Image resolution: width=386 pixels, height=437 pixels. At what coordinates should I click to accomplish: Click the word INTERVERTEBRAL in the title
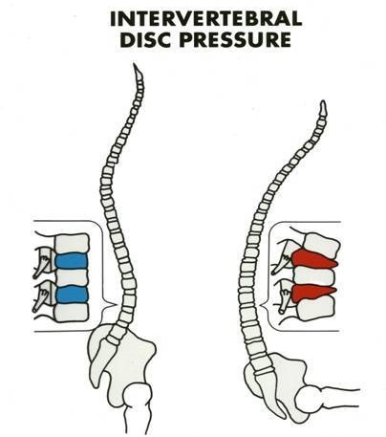click(x=205, y=19)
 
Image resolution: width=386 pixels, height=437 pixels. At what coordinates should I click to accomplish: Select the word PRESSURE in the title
click(x=235, y=40)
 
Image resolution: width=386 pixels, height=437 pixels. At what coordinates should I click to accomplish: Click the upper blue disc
click(x=72, y=260)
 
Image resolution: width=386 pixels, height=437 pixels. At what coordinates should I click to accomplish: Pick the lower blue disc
click(x=72, y=295)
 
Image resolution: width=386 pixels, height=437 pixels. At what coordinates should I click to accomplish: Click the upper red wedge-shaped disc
click(x=313, y=258)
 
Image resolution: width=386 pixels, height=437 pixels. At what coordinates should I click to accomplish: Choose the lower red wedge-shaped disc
click(x=312, y=293)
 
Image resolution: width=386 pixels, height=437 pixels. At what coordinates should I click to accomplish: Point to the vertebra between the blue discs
click(x=72, y=277)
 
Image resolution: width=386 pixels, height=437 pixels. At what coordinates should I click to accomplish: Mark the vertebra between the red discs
click(x=314, y=275)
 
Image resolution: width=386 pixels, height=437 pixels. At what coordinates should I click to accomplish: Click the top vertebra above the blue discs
click(x=72, y=243)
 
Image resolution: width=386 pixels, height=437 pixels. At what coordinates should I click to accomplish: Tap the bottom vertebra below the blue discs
click(x=72, y=312)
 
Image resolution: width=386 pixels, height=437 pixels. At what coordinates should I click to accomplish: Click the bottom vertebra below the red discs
click(x=316, y=308)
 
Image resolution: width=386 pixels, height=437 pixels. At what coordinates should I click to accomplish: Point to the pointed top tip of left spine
click(x=135, y=64)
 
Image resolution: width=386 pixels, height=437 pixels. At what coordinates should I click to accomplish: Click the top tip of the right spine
click(x=323, y=101)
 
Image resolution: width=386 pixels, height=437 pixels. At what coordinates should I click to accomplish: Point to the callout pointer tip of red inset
click(x=260, y=307)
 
